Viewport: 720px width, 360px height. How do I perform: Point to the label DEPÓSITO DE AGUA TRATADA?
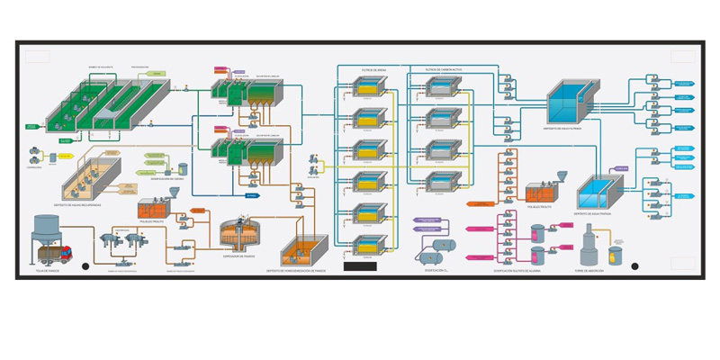(x=594, y=213)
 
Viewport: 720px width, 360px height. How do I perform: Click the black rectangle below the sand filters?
(x=360, y=266)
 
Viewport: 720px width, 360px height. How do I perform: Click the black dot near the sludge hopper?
(x=85, y=266)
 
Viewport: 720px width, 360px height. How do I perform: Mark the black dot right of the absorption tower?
(x=634, y=266)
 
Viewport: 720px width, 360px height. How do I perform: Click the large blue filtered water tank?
(x=569, y=103)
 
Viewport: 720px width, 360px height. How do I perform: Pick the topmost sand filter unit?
(x=367, y=87)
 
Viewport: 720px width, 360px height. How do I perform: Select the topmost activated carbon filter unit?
(x=441, y=87)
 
